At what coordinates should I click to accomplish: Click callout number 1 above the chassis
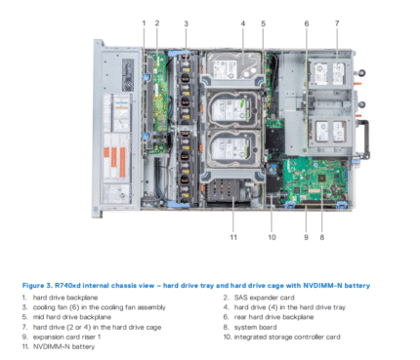point(144,22)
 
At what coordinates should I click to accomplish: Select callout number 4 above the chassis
point(242,22)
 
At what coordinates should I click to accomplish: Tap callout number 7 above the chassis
point(336,22)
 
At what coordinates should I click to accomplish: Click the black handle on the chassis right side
point(363,137)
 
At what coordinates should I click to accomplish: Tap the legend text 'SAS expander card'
point(262,297)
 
